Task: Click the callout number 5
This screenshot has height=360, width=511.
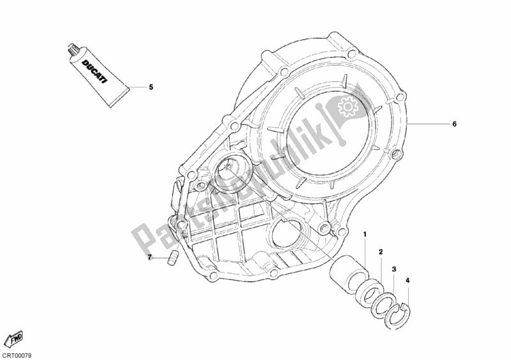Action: point(151,87)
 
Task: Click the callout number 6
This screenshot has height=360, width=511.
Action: point(455,124)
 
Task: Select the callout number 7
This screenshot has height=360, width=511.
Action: point(150,258)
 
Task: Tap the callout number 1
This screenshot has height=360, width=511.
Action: point(365,234)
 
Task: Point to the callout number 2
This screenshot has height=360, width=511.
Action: point(381,252)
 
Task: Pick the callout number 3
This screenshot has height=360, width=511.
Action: point(394,269)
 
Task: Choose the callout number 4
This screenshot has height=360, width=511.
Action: point(408,280)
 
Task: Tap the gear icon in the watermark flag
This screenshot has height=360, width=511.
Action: point(346,106)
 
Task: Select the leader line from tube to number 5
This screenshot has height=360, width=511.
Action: point(137,87)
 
